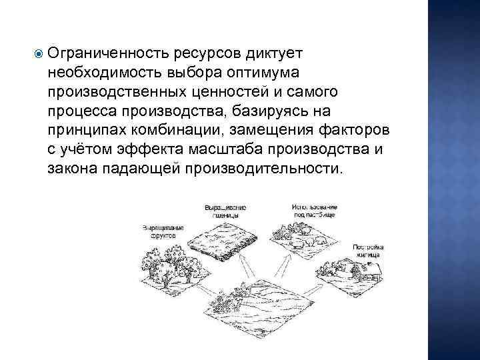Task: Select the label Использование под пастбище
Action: [x=313, y=211]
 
